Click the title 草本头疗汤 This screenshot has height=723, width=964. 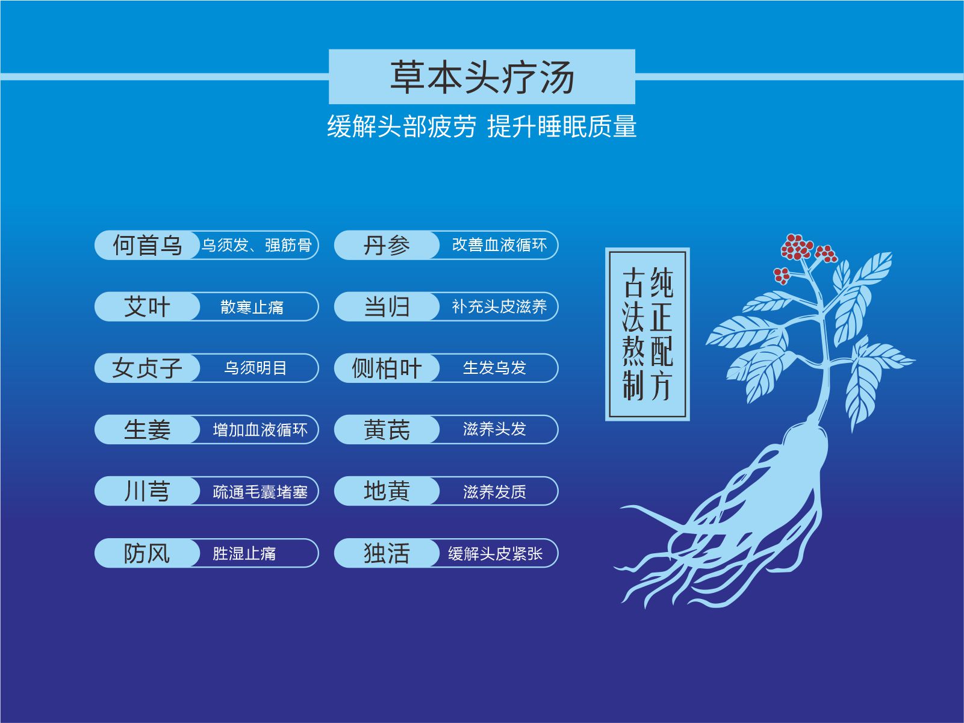482,77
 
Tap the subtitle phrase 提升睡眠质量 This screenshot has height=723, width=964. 562,126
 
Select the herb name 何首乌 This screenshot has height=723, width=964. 147,245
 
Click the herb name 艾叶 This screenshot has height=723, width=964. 147,306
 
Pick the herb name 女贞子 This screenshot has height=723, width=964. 147,368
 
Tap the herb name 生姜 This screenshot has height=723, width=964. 147,429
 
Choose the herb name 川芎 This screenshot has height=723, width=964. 147,491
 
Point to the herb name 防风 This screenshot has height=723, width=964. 147,553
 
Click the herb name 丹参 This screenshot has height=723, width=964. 387,245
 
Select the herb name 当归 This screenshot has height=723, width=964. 387,306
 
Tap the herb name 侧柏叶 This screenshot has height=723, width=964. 387,368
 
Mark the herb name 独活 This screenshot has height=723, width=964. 387,553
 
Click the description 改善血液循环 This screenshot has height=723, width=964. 499,245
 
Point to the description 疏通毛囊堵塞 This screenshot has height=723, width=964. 260,492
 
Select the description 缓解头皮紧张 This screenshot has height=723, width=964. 496,554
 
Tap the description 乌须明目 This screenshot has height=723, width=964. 255,368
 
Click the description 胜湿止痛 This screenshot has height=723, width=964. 244,554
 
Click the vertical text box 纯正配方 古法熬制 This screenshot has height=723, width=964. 647,334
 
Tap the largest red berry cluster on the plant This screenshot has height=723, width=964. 797,247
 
